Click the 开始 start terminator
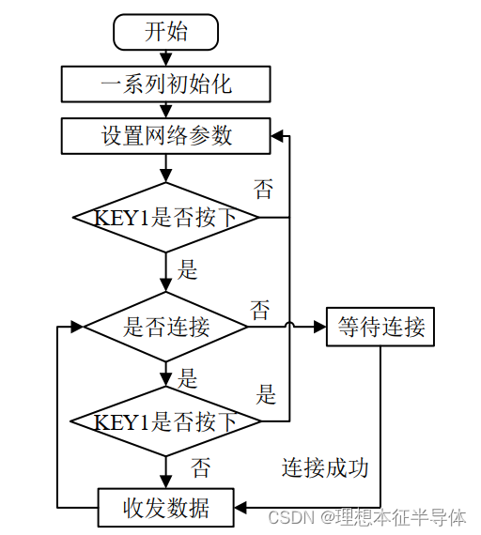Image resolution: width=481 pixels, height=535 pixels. (166, 32)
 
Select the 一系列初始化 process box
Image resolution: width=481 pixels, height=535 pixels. (166, 84)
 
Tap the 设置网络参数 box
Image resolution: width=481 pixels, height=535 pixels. (166, 135)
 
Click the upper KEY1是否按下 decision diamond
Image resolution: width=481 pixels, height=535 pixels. (166, 217)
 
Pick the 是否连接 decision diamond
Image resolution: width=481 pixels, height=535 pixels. (166, 327)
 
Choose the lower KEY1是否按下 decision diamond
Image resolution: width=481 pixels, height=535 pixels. (166, 421)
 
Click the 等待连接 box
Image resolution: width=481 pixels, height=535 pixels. (380, 327)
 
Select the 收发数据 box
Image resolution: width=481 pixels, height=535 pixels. (166, 508)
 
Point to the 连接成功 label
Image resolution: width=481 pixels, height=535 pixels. (325, 466)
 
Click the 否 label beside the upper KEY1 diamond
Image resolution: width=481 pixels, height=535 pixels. (264, 189)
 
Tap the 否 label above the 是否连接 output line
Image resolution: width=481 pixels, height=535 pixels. (260, 309)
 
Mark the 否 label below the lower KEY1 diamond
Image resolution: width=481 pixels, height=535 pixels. (201, 466)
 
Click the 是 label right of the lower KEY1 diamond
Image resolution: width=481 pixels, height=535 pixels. (267, 394)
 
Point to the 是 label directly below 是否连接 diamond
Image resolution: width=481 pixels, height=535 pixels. (188, 378)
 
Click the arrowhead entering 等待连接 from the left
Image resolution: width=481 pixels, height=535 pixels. (319, 327)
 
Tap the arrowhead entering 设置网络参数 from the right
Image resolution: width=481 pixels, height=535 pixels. (277, 136)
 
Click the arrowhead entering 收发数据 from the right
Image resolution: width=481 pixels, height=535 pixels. (240, 508)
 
